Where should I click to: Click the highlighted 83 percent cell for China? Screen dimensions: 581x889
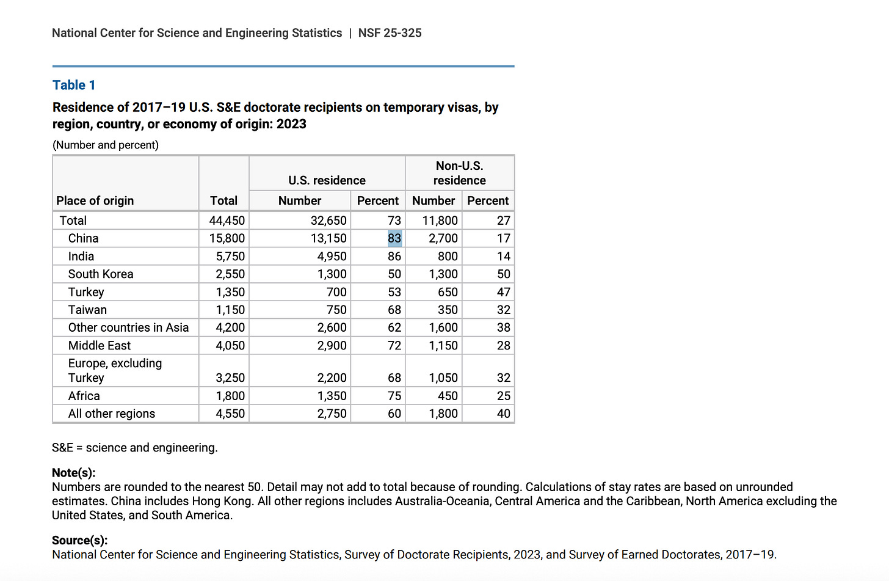[x=394, y=238]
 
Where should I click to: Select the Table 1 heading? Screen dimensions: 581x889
[x=74, y=85]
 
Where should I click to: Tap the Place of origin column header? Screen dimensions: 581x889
[x=95, y=200]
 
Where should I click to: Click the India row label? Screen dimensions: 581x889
[x=81, y=256]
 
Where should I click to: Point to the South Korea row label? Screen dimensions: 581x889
[x=101, y=274]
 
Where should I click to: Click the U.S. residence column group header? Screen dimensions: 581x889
[x=327, y=180]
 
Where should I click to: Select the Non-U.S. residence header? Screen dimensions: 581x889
[x=459, y=173]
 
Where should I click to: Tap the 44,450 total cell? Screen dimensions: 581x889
[x=227, y=221]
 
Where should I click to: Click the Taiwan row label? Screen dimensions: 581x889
[x=87, y=310]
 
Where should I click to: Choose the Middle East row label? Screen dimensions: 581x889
[x=100, y=345]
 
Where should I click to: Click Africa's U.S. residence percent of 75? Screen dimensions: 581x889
[x=394, y=396]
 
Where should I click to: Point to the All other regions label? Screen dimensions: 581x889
[x=112, y=414]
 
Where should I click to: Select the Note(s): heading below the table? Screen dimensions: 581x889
[x=74, y=472]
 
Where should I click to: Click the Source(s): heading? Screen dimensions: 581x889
[x=80, y=540]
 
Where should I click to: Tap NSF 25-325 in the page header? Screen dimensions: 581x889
[x=390, y=33]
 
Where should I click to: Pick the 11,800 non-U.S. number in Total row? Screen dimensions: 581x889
[x=440, y=221]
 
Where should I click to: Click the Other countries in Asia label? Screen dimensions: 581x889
[x=128, y=327]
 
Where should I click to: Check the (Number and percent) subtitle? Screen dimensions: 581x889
[x=106, y=145]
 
